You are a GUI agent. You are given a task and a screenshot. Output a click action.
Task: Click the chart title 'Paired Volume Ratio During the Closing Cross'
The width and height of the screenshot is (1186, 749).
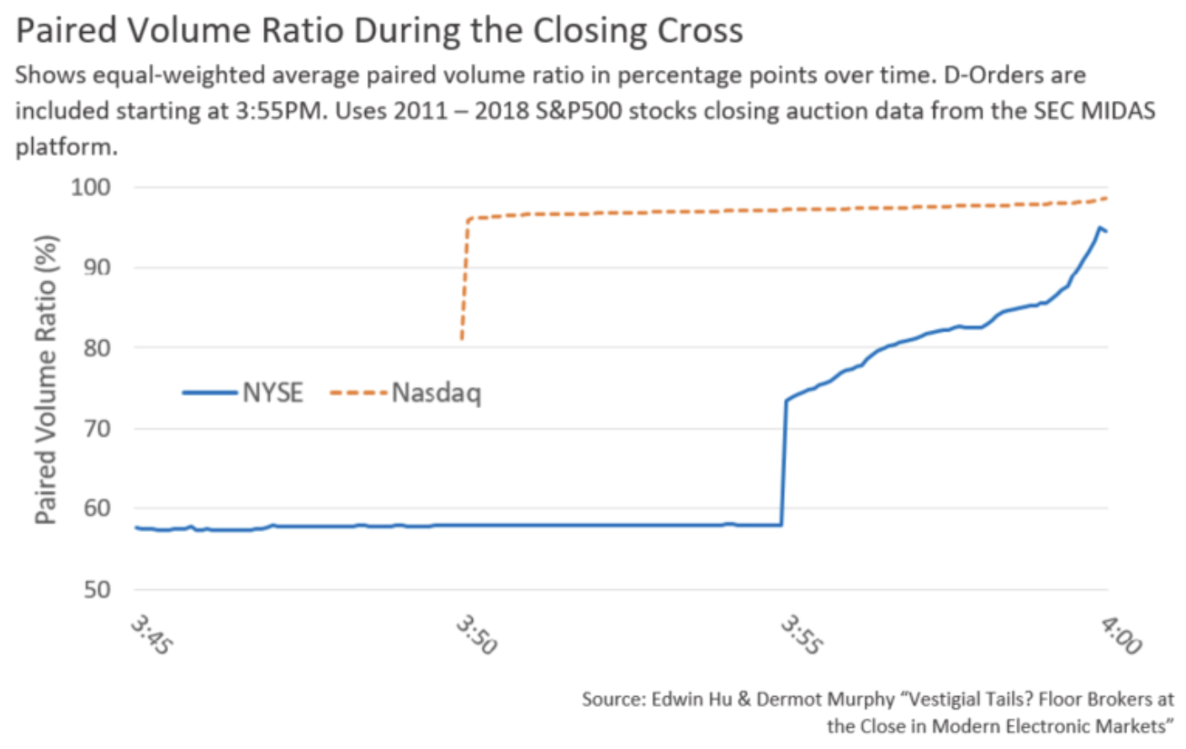tap(379, 30)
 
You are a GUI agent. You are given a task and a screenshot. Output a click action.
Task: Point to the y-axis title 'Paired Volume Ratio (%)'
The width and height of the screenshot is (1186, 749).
tap(46, 380)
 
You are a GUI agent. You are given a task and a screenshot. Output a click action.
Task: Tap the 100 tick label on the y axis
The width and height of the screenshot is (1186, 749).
tap(91, 187)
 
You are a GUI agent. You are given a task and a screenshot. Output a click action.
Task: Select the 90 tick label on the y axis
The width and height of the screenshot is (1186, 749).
tap(97, 268)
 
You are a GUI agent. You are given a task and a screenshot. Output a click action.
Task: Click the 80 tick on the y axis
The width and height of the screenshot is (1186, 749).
tap(97, 348)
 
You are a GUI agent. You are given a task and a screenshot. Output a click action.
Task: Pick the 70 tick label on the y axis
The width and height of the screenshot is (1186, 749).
tap(97, 428)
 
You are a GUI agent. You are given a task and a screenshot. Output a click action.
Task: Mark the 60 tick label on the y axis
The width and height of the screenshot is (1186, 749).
tap(97, 508)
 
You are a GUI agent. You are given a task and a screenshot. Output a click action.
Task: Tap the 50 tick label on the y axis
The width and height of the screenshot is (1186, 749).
tap(97, 589)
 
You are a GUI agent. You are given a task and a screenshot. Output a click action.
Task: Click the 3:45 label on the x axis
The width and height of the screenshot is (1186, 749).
tap(151, 635)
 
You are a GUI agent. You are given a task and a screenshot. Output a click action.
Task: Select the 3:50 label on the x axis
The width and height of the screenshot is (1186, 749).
tap(477, 635)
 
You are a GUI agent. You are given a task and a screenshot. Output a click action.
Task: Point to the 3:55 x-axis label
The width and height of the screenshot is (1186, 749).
tap(802, 635)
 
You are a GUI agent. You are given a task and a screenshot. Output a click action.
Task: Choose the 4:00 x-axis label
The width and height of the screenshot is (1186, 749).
tap(1122, 635)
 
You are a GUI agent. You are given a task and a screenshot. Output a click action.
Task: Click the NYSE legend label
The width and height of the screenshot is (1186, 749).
tap(273, 393)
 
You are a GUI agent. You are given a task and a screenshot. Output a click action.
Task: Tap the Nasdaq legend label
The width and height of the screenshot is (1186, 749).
tap(437, 393)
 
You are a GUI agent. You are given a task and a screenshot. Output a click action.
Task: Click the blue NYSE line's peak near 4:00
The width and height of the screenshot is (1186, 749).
tap(1099, 227)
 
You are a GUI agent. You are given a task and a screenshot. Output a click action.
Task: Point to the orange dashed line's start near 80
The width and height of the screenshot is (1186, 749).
tap(462, 338)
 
